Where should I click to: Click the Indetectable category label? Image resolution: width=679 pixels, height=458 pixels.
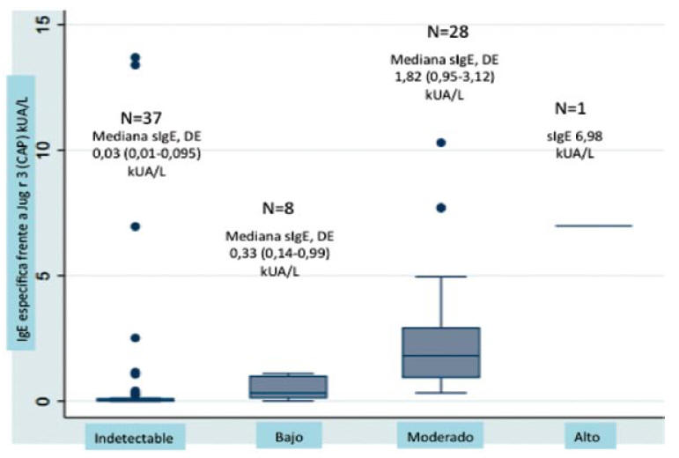pos(134,438)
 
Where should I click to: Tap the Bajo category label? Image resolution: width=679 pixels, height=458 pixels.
pos(289,436)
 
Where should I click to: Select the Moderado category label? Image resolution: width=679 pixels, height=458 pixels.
pos(440,436)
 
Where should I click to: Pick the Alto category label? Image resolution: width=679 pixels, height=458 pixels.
pos(587,436)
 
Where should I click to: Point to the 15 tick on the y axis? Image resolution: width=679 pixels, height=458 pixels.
pos(43,25)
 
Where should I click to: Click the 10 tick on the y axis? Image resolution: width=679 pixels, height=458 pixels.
pos(43,150)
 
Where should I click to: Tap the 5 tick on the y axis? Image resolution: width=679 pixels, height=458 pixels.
pos(43,276)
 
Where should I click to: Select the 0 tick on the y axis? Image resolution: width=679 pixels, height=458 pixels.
pos(43,401)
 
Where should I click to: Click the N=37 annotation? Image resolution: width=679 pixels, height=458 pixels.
pos(141,118)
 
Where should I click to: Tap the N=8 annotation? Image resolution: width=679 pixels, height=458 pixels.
pos(278,208)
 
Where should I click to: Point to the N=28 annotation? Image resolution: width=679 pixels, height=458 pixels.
pos(447,32)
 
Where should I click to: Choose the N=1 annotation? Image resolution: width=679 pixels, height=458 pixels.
pos(571,108)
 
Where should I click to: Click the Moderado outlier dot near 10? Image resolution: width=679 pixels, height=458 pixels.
pos(441,143)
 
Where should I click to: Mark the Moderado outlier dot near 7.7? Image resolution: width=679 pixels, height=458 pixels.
pos(441,208)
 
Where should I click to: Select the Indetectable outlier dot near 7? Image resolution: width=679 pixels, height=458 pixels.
pos(136,226)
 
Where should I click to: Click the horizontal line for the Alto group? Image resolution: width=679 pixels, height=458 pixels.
pos(594,225)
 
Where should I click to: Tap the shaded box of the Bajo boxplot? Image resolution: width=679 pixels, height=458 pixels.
pos(288,387)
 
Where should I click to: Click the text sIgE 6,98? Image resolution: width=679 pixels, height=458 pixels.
pos(574,137)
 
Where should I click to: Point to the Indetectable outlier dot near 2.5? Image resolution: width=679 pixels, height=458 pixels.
pos(136,337)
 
